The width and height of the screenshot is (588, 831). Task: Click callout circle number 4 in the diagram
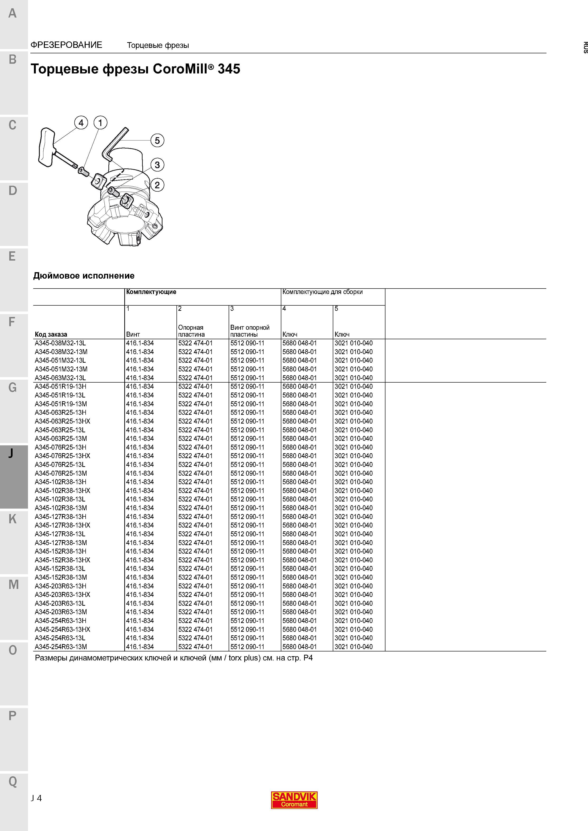pos(81,123)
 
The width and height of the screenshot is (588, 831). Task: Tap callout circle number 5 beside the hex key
pos(157,140)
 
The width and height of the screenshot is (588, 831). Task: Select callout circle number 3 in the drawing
pos(157,165)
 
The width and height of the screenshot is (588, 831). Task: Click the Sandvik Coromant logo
pos(294,799)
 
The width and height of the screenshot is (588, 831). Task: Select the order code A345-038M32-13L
pos(60,343)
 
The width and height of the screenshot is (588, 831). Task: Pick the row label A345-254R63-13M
pos(61,647)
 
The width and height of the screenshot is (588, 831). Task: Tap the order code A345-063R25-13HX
pos(62,421)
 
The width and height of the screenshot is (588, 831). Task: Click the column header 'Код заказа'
pos(51,334)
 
